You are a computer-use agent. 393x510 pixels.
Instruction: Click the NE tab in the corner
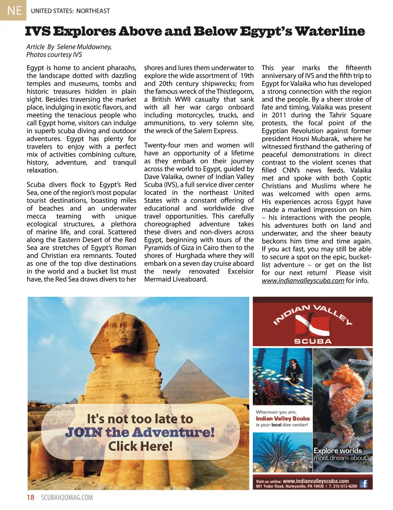(13, 10)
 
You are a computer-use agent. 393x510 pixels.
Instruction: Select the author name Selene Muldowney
(84, 47)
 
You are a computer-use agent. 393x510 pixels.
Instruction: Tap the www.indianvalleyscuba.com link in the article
(303, 281)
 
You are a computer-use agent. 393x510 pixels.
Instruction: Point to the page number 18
(30, 497)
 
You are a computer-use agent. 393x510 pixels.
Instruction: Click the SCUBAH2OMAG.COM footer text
(67, 498)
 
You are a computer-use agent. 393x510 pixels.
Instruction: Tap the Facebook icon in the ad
(364, 483)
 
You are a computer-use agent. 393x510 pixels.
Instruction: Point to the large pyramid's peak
(188, 360)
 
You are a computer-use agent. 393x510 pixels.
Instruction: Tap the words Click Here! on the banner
(140, 446)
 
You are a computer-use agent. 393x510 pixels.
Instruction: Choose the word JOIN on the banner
(84, 432)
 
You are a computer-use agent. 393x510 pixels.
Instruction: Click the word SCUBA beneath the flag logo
(313, 341)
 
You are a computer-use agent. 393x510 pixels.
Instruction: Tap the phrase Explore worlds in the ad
(338, 450)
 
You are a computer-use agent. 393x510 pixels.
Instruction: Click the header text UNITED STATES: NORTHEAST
(70, 11)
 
